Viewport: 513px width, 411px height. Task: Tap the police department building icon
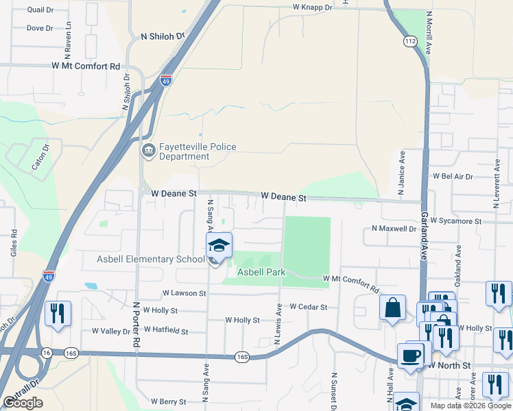(147, 151)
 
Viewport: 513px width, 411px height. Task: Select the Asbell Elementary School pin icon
(219, 246)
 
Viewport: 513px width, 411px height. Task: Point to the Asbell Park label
(261, 272)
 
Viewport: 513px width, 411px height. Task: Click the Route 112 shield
(410, 42)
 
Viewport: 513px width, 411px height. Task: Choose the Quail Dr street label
(40, 10)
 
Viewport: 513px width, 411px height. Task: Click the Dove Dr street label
(39, 28)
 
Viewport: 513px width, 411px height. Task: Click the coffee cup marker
(411, 356)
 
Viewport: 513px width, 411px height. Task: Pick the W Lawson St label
(184, 293)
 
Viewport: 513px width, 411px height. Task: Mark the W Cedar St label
(309, 307)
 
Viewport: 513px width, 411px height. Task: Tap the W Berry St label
(169, 401)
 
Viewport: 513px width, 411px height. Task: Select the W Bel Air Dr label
(453, 176)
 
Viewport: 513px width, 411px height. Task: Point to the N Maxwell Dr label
(394, 228)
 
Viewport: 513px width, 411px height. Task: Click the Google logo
(23, 403)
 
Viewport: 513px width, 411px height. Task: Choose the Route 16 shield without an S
(47, 353)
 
